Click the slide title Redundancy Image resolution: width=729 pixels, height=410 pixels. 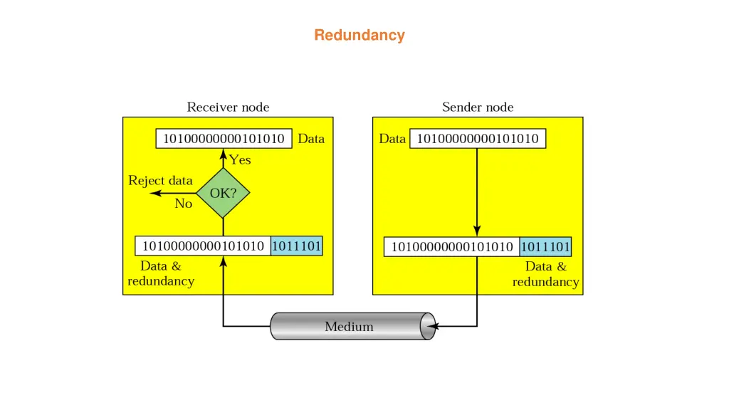[x=360, y=35]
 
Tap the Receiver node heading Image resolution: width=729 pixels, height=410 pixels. [x=228, y=107]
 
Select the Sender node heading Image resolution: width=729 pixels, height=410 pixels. [x=478, y=107]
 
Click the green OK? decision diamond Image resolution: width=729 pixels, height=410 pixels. [x=223, y=192]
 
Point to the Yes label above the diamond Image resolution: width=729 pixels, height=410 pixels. [x=241, y=160]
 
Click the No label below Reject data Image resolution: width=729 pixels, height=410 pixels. [x=184, y=204]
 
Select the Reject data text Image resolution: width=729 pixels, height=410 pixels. [x=160, y=181]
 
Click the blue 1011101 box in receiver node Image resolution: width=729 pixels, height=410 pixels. [x=297, y=246]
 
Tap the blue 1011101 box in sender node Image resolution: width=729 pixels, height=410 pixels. [x=545, y=247]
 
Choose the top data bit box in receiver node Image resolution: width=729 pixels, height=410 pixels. [x=224, y=139]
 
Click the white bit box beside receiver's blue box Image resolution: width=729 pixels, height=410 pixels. [x=203, y=246]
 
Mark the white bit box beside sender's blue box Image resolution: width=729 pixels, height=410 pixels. [x=452, y=247]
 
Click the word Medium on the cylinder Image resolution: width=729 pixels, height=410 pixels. [x=349, y=327]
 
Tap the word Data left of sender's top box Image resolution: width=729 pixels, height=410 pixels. [x=392, y=139]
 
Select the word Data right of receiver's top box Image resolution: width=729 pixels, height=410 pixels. [x=311, y=139]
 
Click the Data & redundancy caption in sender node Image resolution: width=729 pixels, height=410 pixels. [x=546, y=274]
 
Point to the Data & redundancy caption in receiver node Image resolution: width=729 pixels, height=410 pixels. [x=161, y=273]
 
